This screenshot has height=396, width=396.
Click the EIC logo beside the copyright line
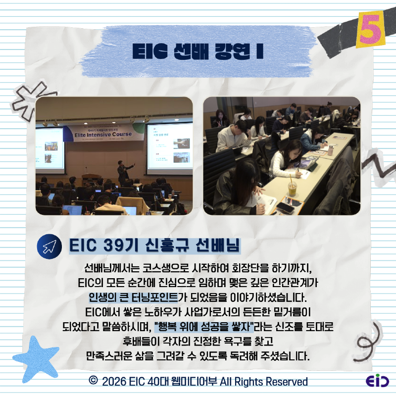pos(377,382)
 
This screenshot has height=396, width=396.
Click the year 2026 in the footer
pos(113,382)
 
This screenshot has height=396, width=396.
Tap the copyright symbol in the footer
pos(93,381)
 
